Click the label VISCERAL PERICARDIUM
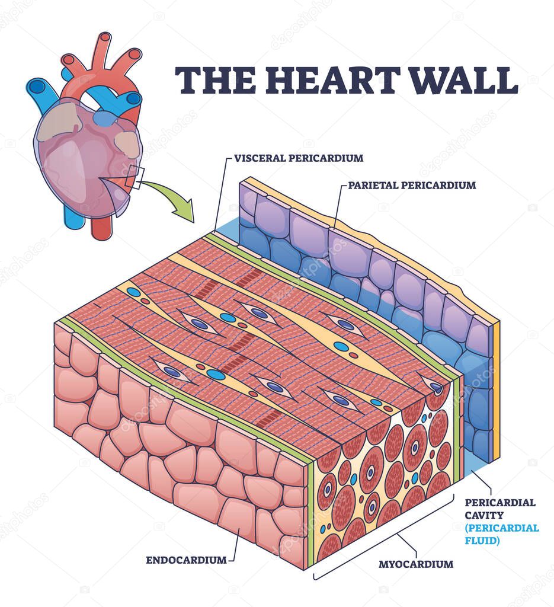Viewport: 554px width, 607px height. coord(299,158)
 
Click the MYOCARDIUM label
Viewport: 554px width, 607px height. coord(416,564)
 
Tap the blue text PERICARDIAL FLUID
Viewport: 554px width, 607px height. coord(502,534)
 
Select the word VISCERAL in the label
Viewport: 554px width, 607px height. coord(259,158)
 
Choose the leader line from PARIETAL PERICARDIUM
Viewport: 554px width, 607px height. coord(337,207)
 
